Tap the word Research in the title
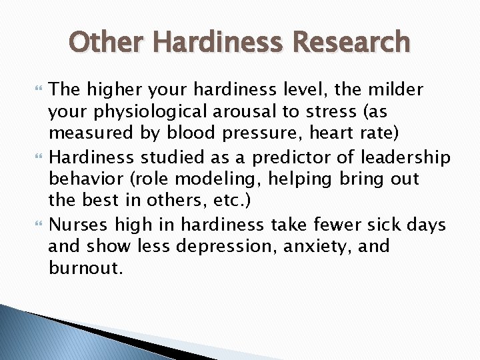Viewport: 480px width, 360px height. coord(352,42)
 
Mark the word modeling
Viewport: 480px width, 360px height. coord(214,179)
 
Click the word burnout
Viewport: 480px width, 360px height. coord(85,269)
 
